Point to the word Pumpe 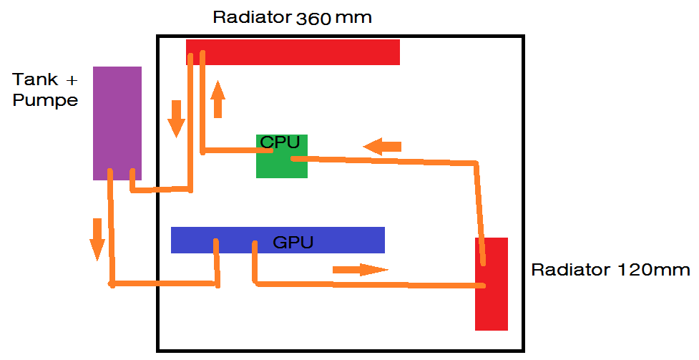45,100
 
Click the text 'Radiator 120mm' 610,270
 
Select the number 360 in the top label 314,18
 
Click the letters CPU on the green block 280,142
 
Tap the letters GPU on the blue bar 293,243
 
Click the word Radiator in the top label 252,17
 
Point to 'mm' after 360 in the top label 355,18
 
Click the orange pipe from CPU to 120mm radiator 386,160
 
